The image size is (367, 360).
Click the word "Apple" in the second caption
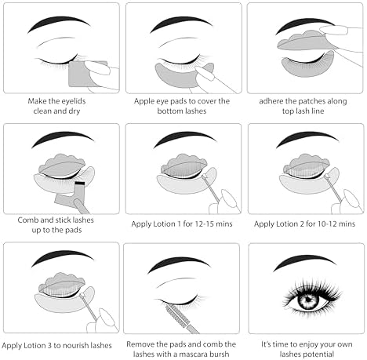point(143,101)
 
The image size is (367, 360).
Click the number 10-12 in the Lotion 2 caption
point(325,224)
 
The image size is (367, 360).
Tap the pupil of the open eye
point(307,299)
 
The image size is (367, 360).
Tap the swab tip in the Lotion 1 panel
point(204,176)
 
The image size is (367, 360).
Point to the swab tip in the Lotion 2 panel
point(327,176)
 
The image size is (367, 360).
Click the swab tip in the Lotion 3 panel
point(82,296)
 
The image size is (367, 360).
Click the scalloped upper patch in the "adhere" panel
point(303,42)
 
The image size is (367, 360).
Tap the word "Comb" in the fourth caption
point(28,220)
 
